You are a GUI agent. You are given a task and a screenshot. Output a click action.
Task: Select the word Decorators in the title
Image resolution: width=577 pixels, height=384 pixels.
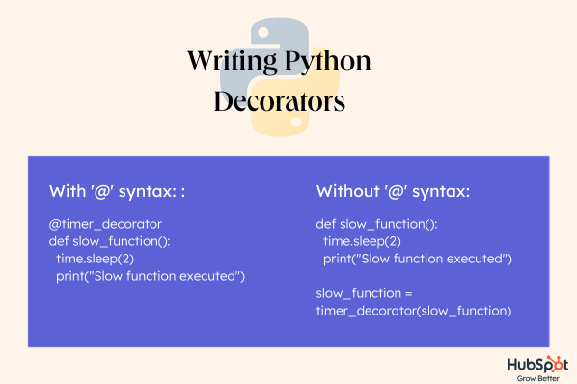[279, 101]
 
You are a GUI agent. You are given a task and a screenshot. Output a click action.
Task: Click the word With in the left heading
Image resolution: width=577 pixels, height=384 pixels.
[68, 190]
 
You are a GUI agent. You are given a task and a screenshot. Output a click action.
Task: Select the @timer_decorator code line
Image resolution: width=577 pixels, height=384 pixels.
[105, 224]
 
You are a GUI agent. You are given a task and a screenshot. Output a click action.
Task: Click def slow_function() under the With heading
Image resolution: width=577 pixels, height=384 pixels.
[110, 241]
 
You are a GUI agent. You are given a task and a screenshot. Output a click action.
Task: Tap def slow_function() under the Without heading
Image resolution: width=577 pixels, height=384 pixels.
[376, 224]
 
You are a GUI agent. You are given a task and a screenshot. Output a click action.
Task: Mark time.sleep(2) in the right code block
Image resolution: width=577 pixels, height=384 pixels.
[363, 241]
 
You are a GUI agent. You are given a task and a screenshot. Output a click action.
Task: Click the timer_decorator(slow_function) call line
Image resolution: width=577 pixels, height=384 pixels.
[413, 311]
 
